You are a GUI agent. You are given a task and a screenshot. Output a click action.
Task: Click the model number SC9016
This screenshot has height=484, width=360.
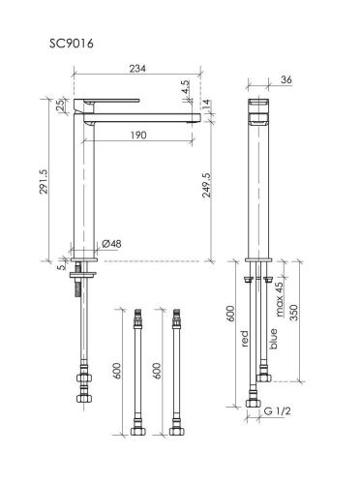(x=72, y=44)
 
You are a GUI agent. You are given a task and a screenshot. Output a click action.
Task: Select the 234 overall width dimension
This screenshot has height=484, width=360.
(x=137, y=69)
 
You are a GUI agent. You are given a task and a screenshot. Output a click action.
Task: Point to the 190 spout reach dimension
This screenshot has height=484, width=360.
(x=138, y=135)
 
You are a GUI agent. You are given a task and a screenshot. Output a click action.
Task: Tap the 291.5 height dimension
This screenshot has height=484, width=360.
(x=44, y=182)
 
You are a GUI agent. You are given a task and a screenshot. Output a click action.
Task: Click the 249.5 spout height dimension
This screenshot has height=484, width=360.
(x=206, y=185)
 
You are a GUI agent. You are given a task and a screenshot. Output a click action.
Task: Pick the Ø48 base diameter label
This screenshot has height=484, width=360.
(x=111, y=244)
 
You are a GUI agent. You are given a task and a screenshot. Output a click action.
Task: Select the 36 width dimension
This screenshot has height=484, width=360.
(x=286, y=79)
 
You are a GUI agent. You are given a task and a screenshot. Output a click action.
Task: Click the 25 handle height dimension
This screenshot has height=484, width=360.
(x=60, y=106)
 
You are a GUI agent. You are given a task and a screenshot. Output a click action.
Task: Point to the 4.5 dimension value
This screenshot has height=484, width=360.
(x=186, y=87)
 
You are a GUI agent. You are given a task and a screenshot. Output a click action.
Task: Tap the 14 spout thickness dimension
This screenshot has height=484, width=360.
(x=206, y=105)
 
